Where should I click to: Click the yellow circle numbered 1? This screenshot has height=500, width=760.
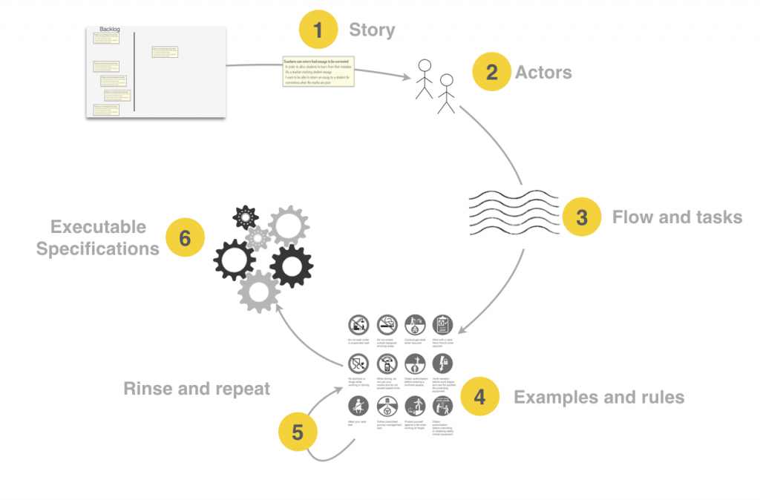coord(318,31)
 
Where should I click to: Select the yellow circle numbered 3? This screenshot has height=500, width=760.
coord(582,217)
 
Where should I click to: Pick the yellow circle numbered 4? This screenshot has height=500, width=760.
coord(480,397)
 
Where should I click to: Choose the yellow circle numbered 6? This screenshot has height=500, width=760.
coord(185,237)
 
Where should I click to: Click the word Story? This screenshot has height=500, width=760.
coord(372,31)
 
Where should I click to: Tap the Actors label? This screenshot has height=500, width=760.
coord(543,73)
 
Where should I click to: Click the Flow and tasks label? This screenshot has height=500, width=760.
coord(677,217)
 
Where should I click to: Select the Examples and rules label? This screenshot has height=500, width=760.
coord(599,397)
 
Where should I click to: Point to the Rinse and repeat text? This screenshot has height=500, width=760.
coord(197,388)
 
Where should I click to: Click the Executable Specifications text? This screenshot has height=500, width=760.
coord(97,237)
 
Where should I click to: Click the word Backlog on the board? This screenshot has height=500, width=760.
coord(110,30)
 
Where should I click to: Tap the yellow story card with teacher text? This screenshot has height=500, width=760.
coord(318,73)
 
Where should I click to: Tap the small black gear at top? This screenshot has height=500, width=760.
coord(245,217)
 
